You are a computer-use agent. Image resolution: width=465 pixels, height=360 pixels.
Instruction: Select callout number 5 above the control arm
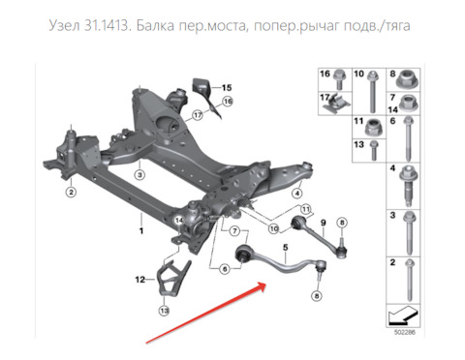286,248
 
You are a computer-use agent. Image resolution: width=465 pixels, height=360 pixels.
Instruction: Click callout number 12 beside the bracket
140,280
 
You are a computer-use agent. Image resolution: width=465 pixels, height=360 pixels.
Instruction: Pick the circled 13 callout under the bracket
164,311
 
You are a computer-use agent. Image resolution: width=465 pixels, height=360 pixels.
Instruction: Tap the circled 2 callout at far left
71,193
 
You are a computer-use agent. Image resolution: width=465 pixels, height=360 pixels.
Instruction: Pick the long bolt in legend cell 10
371,91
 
